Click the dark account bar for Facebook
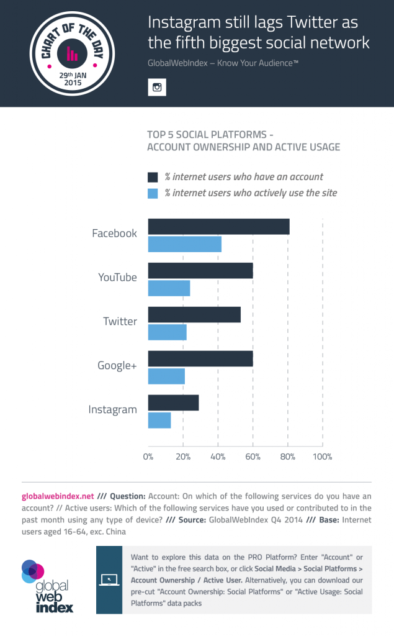pos(218,227)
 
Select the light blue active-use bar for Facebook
pos(184,245)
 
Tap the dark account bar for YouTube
pos(200,271)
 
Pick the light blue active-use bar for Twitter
pos(167,332)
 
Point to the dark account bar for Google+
pos(200,358)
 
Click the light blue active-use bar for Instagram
pos(159,420)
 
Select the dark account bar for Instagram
pos(173,402)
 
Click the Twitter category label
pos(120,321)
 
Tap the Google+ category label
pos(117,365)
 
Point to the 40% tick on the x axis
pos(218,458)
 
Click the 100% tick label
pos(323,458)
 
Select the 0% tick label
pos(148,458)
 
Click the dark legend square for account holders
pos(153,176)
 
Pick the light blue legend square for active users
pos(153,193)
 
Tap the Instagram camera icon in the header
pos(157,87)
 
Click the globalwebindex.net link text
pos(58,496)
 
